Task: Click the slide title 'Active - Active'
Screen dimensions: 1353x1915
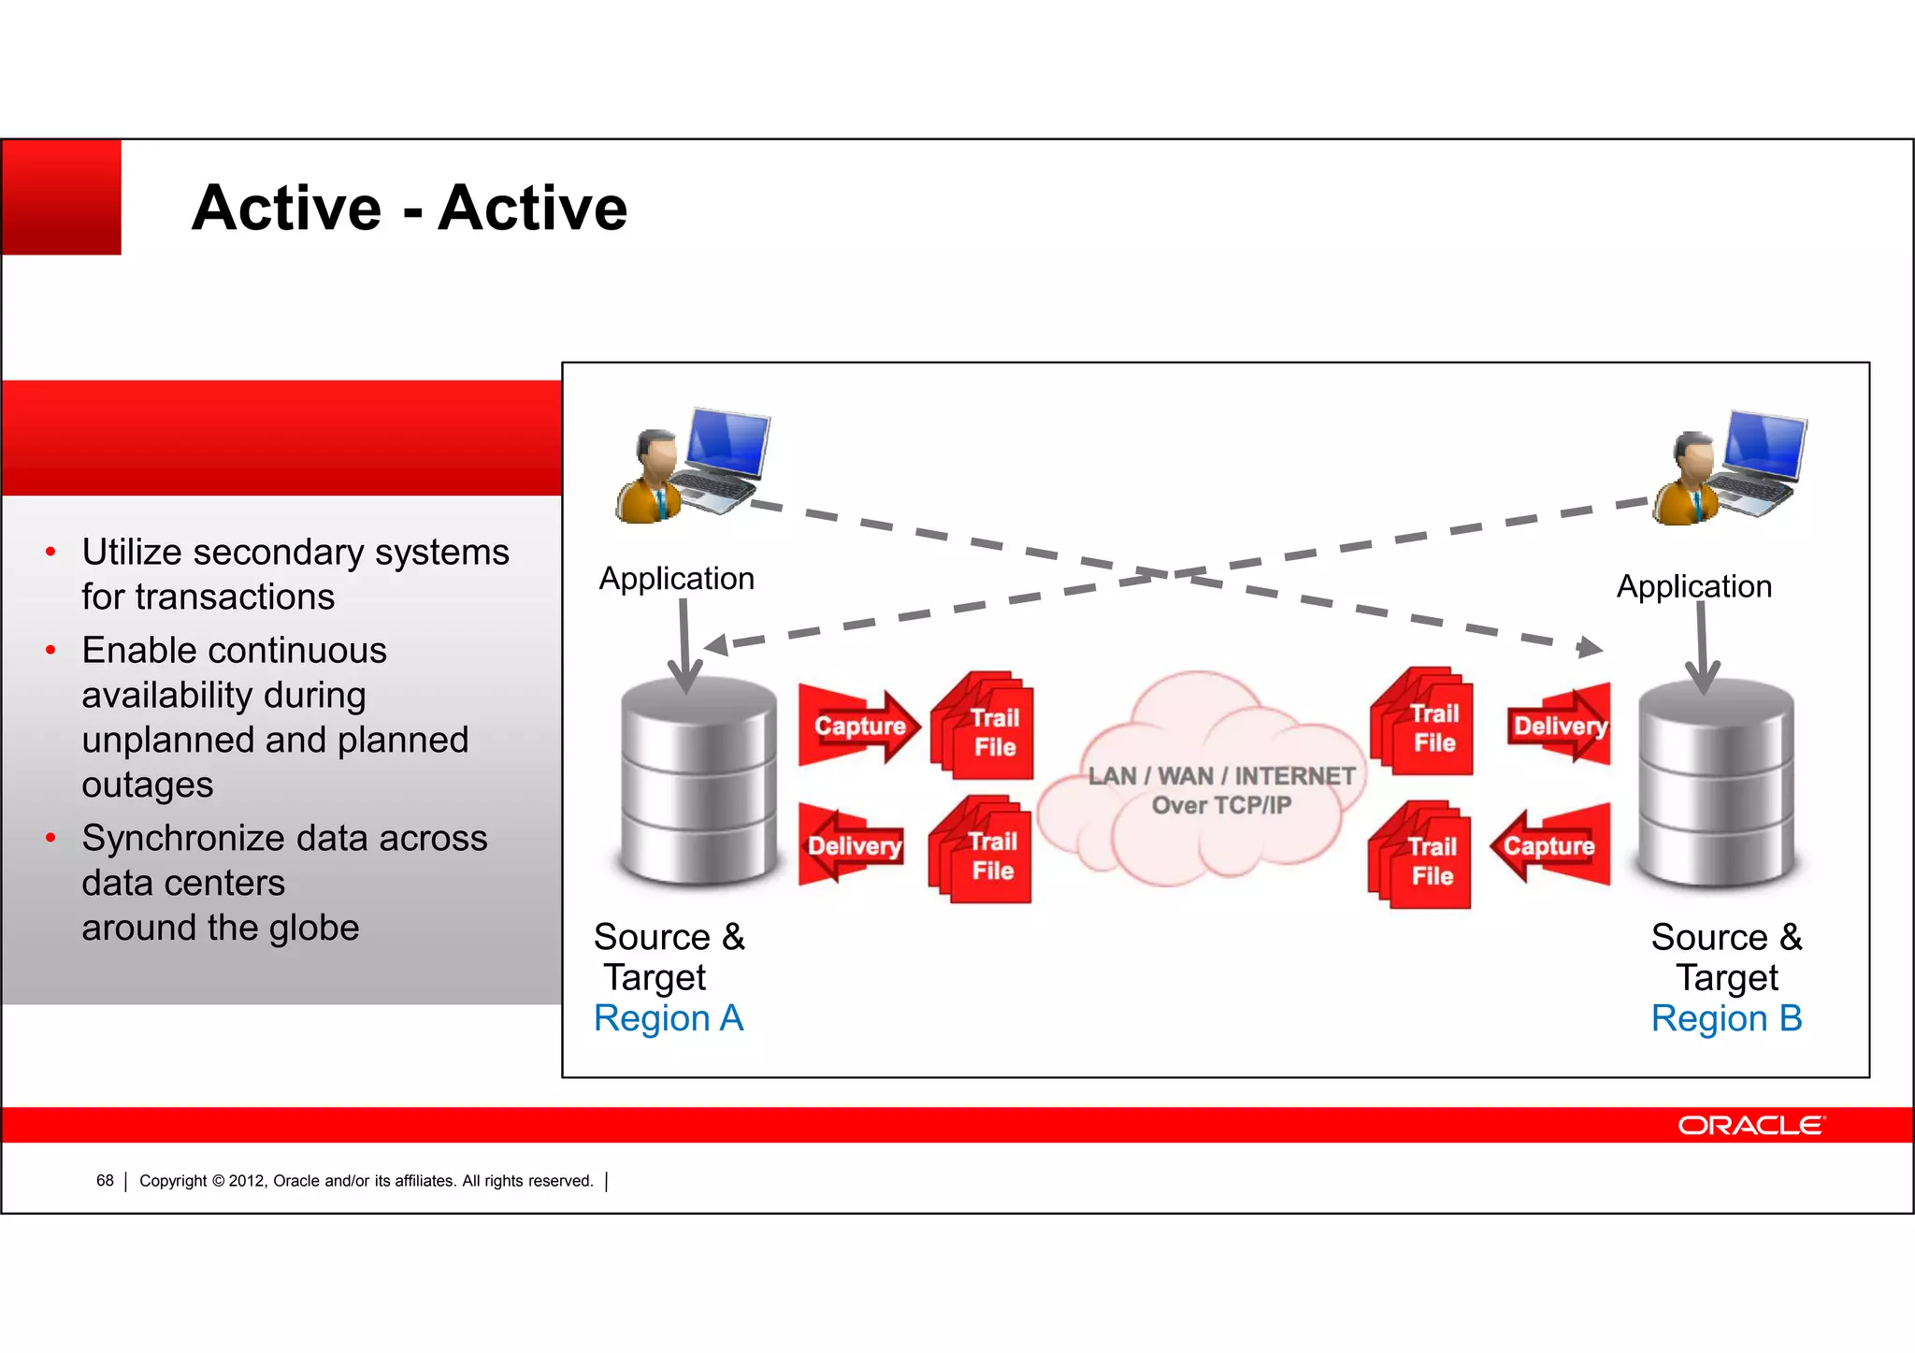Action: [x=410, y=208]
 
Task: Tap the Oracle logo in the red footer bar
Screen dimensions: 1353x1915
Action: [x=1749, y=1125]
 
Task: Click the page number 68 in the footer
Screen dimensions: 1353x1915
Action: [x=105, y=1181]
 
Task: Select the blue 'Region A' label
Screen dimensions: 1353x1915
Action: [x=669, y=1018]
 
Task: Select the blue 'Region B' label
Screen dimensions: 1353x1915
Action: [x=1726, y=1018]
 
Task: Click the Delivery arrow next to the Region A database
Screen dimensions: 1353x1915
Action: [x=852, y=845]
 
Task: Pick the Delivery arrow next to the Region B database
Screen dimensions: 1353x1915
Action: [x=1559, y=726]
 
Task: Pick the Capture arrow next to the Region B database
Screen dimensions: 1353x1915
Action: [x=1550, y=845]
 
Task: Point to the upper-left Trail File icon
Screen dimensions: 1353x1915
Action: [x=985, y=727]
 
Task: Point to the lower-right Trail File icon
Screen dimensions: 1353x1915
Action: [x=1422, y=856]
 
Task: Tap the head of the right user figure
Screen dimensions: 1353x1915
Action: [x=1693, y=453]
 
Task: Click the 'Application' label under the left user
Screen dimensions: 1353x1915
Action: [x=676, y=579]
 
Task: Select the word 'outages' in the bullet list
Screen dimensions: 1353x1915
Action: [x=148, y=784]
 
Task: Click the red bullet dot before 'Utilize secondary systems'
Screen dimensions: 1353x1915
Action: [x=50, y=553]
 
